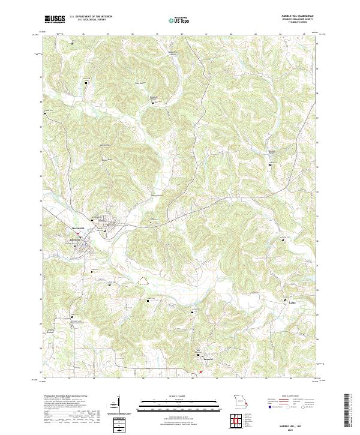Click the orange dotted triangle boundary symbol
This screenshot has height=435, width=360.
point(143,280)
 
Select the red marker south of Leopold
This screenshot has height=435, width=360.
point(201,371)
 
